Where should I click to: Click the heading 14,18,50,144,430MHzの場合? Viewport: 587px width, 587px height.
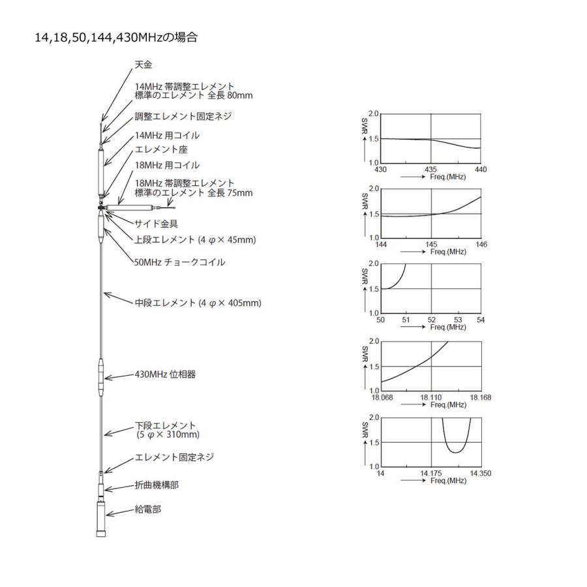[116, 38]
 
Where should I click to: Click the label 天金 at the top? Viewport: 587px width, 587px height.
[143, 65]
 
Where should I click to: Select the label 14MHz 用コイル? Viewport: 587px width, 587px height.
[167, 136]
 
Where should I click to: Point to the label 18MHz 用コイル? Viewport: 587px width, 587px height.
[167, 166]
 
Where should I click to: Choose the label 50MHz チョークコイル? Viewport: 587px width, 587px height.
[179, 262]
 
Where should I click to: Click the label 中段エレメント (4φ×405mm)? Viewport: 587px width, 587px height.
[198, 303]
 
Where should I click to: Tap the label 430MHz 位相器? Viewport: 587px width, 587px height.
[165, 375]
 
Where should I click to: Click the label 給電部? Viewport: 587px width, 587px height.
[147, 509]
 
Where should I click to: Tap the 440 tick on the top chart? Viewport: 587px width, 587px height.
[481, 170]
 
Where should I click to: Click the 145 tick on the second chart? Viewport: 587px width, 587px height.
[431, 244]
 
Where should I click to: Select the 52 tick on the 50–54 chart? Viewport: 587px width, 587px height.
[431, 320]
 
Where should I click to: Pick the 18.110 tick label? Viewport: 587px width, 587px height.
[431, 397]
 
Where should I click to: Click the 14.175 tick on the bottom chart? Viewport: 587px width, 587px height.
[431, 473]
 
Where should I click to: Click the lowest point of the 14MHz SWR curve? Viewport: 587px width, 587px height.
[457, 452]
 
